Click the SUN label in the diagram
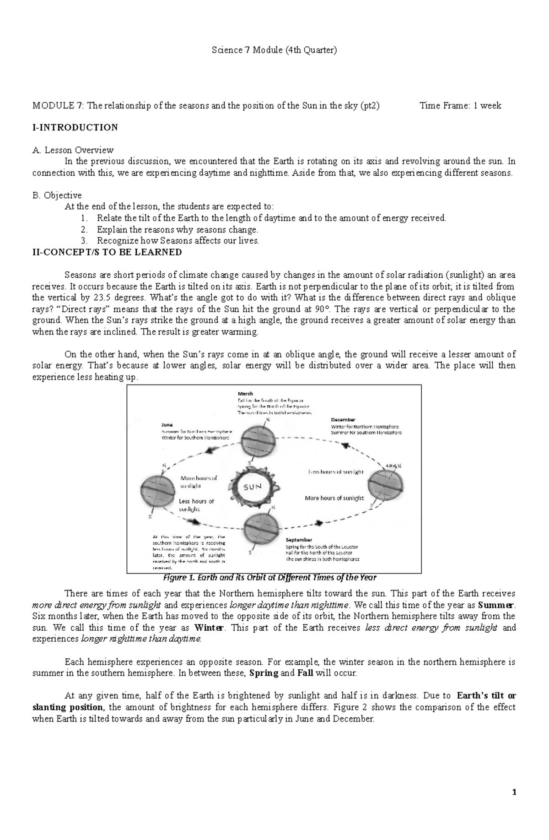pyautogui.click(x=252, y=487)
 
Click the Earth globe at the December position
pyautogui.click(x=386, y=486)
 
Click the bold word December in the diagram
pyautogui.click(x=343, y=419)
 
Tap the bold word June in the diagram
pyautogui.click(x=167, y=424)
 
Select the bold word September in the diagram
pyautogui.click(x=299, y=540)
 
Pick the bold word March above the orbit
pyautogui.click(x=245, y=393)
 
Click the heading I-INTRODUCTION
pyautogui.click(x=75, y=127)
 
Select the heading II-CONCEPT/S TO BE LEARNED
pyautogui.click(x=107, y=252)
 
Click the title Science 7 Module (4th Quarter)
pyautogui.click(x=274, y=50)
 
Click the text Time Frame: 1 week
pyautogui.click(x=460, y=106)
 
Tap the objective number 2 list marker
pyautogui.click(x=83, y=229)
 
